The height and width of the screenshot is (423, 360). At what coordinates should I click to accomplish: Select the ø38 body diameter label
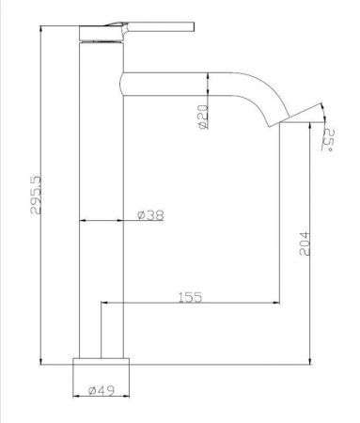coord(149,215)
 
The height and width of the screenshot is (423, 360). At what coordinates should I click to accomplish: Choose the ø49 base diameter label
coord(101,390)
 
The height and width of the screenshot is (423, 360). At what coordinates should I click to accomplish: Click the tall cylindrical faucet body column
coord(101,188)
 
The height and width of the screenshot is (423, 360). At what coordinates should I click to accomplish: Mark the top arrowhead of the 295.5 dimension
coord(43,29)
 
